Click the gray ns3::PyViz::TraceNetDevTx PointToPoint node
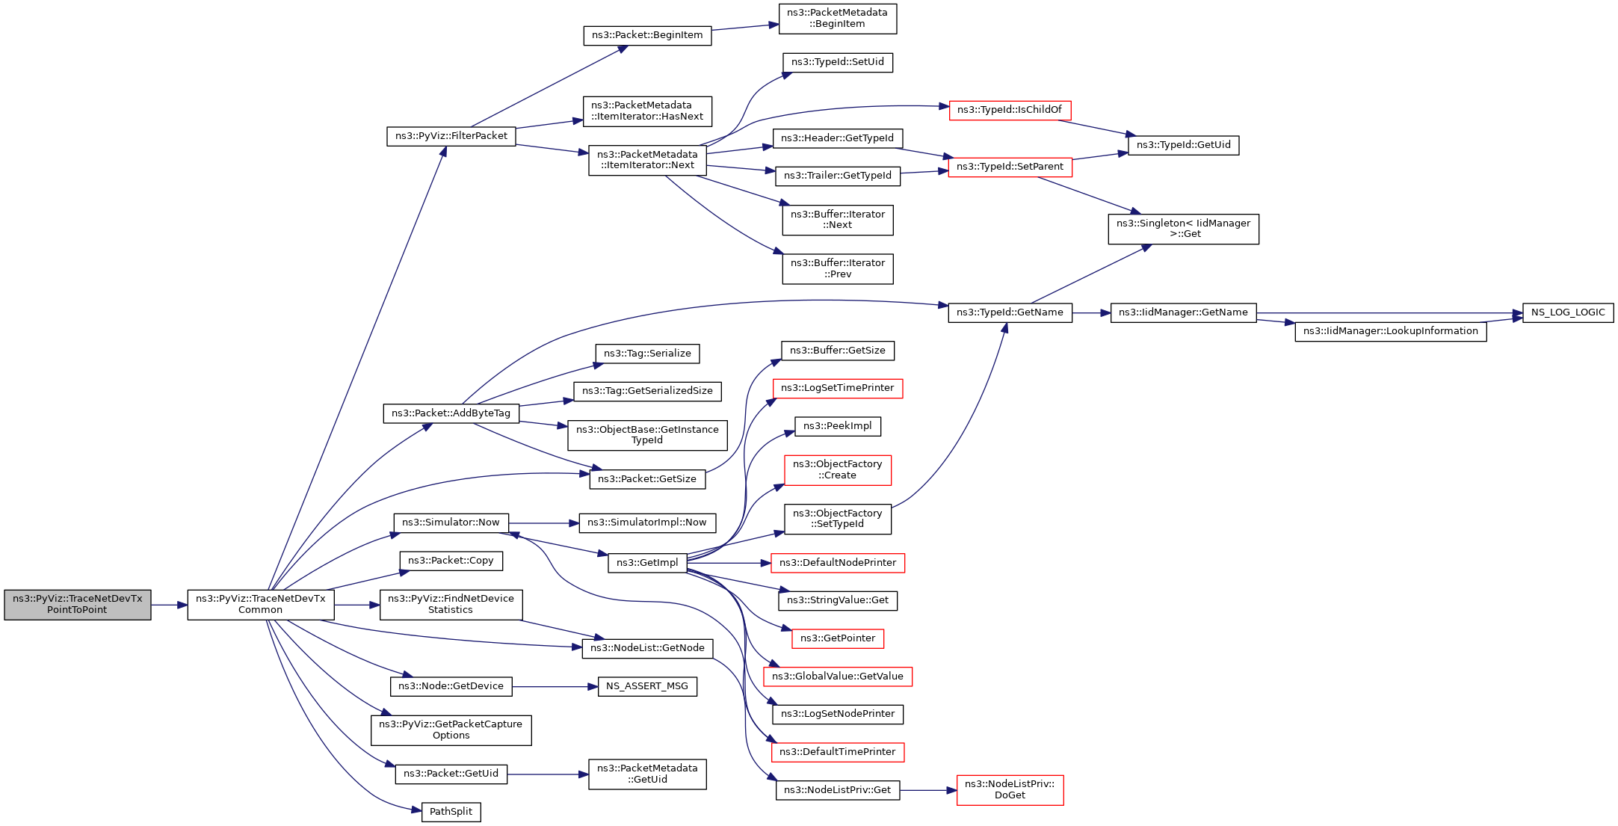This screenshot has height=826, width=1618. [x=77, y=604]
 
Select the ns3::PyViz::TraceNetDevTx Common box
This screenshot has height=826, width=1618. [x=260, y=604]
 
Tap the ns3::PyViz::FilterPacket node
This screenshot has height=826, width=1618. [x=451, y=136]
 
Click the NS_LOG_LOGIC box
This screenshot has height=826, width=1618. [x=1567, y=312]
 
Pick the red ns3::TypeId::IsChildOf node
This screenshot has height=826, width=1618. [x=1009, y=110]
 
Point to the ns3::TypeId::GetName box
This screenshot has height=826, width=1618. [x=1009, y=312]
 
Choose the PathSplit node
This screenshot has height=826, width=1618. [x=451, y=812]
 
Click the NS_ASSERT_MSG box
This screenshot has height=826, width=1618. [x=646, y=686]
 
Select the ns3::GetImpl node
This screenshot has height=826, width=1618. [x=646, y=563]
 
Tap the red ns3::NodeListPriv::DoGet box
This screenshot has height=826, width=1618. [x=1009, y=789]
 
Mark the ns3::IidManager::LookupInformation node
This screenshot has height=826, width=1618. [x=1390, y=331]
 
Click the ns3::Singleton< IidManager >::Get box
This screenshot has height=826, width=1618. [x=1182, y=229]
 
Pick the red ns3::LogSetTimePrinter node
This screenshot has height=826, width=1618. [x=837, y=388]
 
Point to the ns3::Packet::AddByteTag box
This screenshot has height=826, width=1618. [x=451, y=413]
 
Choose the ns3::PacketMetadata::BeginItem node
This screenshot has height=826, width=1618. [x=837, y=19]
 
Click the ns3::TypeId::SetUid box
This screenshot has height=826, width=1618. [x=837, y=62]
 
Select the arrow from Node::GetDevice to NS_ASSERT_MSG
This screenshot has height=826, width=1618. [x=555, y=686]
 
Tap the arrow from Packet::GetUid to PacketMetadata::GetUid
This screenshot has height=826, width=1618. [x=548, y=774]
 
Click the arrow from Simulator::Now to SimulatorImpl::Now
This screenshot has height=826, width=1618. [x=543, y=523]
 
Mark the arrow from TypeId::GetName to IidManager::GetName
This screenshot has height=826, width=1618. [x=1091, y=312]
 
